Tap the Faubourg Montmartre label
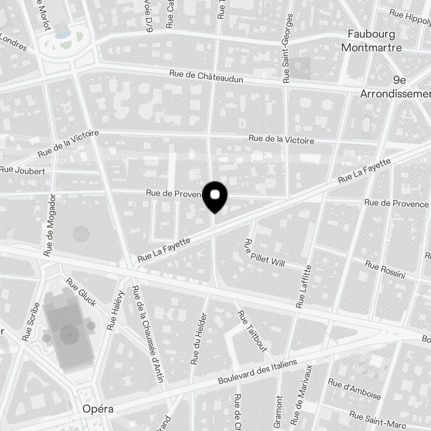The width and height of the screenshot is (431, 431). tap(372, 41)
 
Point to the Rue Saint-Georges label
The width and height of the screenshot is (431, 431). tap(287, 48)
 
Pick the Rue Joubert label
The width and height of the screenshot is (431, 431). tap(22, 171)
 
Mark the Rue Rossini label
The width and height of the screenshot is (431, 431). tap(385, 269)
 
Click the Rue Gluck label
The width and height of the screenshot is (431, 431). tap(81, 292)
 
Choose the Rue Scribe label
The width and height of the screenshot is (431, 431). tap(32, 322)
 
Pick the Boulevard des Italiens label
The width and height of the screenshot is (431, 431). tap(258, 372)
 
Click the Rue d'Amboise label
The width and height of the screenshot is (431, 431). tap(354, 389)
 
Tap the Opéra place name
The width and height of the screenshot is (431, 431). tap(98, 409)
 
